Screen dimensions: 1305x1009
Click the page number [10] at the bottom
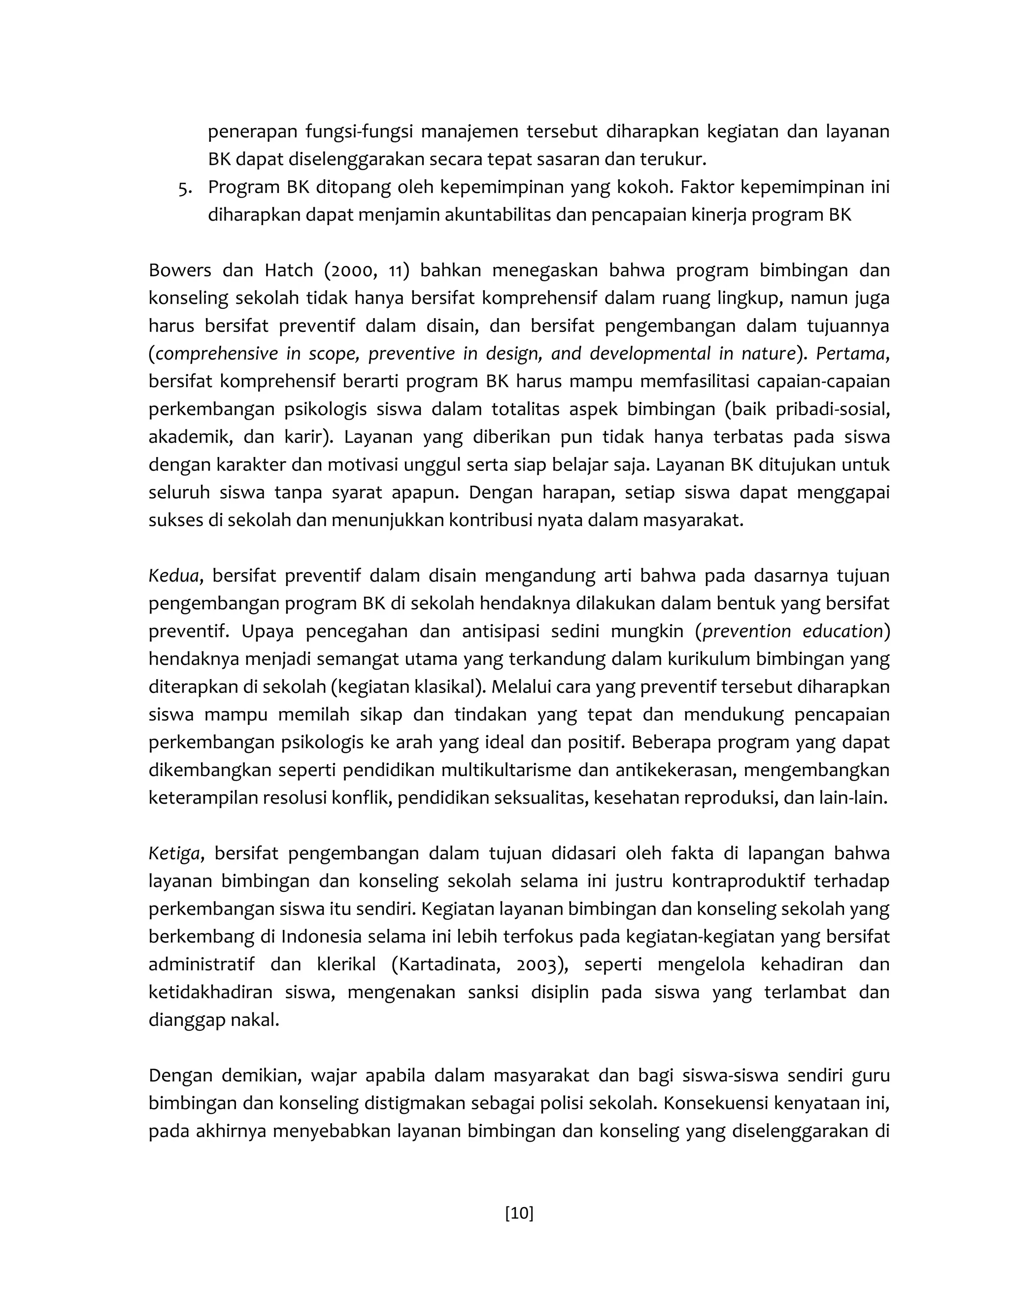click(519, 1213)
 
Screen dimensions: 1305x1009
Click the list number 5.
click(185, 188)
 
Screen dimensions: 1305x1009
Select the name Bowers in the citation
click(179, 271)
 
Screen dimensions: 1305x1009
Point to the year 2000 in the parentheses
click(352, 271)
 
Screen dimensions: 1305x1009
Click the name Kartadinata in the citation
click(448, 964)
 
